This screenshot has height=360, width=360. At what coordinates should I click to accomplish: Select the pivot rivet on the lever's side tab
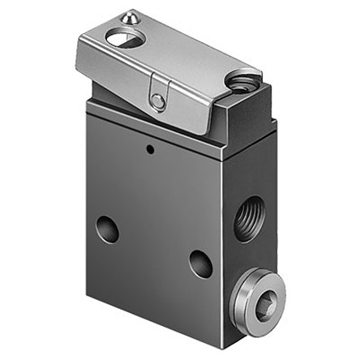[157, 100]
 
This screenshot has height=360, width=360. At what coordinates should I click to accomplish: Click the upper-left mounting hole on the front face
[106, 229]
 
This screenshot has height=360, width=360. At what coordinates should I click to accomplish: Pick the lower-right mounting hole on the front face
[201, 263]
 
